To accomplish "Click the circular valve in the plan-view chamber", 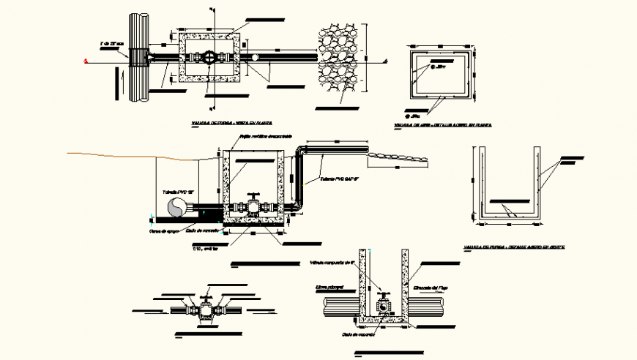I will pyautogui.click(x=208, y=57).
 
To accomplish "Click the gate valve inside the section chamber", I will pyautogui.click(x=253, y=206).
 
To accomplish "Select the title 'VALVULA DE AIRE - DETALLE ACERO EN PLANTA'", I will pyautogui.click(x=443, y=125).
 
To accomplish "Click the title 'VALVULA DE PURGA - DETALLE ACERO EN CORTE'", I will pyautogui.click(x=513, y=247).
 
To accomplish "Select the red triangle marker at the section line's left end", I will pyautogui.click(x=86, y=62).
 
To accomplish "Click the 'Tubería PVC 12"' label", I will pyautogui.click(x=176, y=192).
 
